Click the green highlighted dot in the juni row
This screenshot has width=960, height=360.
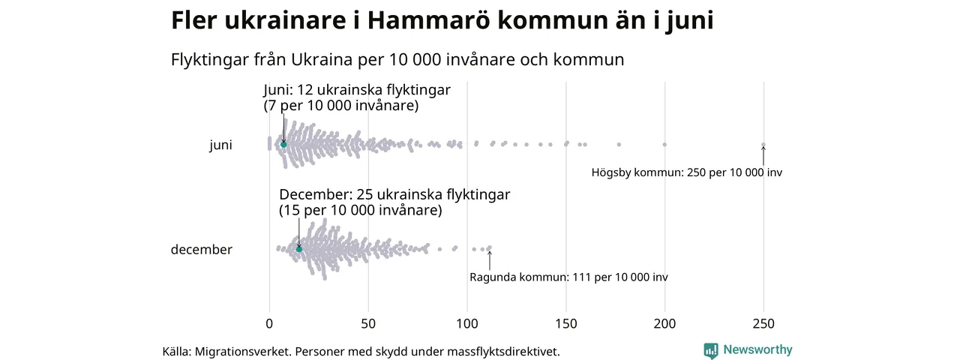click(283, 144)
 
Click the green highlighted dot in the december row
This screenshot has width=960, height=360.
click(298, 249)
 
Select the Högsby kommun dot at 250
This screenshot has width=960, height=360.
click(763, 145)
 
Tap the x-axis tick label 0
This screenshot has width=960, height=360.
click(269, 324)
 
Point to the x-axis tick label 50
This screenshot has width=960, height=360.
click(368, 324)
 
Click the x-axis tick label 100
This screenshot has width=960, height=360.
click(467, 324)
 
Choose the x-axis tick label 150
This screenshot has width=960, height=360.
click(566, 324)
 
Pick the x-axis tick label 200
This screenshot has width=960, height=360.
click(665, 324)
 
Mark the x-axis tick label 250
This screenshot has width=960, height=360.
click(763, 324)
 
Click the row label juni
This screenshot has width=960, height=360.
click(220, 145)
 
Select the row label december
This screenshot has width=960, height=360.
click(202, 250)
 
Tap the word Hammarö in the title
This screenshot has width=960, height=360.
click(427, 21)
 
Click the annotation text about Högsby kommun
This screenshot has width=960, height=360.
click(686, 172)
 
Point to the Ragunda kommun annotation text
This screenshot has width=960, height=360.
click(568, 277)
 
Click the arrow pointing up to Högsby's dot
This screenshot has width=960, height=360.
click(763, 155)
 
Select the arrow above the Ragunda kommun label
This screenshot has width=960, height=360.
click(490, 259)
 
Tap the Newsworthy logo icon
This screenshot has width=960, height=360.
click(711, 350)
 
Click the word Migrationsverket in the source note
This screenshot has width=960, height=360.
click(243, 351)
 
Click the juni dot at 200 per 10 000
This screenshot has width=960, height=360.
click(664, 144)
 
